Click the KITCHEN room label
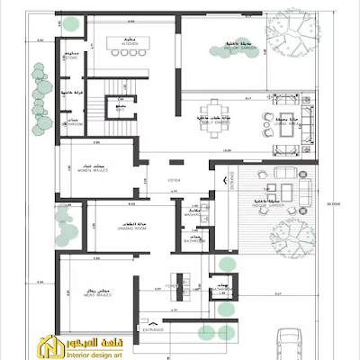click(130, 45)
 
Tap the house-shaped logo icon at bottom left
click(46, 346)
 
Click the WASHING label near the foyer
click(193, 215)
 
